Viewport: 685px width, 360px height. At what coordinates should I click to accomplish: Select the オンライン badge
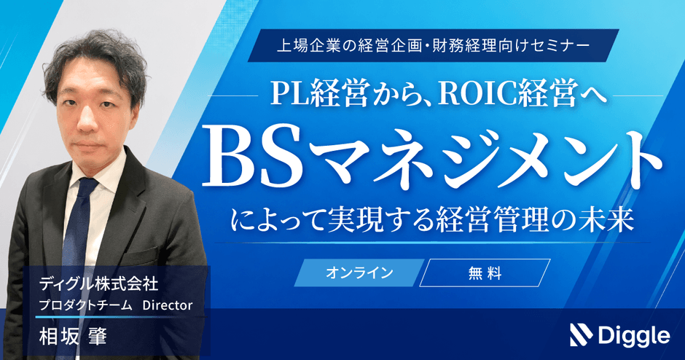(x=359, y=273)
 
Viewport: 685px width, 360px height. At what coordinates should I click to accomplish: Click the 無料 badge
(x=485, y=273)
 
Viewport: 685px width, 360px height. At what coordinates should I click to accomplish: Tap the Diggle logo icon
(x=581, y=335)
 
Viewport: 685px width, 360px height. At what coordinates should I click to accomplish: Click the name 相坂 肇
(x=73, y=337)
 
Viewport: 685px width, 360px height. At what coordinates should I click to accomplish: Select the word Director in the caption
(x=168, y=305)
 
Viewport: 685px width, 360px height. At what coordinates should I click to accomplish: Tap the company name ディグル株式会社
(x=98, y=285)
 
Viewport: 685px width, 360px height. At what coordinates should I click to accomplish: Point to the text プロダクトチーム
(x=85, y=305)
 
